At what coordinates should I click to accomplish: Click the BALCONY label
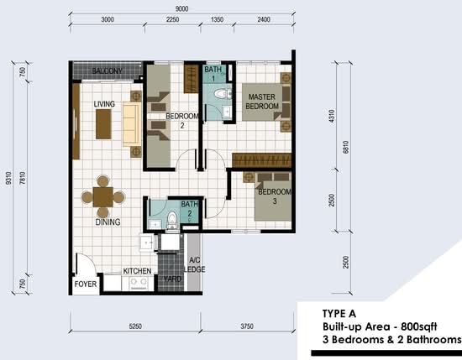107,71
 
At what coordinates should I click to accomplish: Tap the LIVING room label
104,104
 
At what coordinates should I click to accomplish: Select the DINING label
108,222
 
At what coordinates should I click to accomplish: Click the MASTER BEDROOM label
262,102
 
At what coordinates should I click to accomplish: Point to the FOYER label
86,284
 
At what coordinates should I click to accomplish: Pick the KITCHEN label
137,271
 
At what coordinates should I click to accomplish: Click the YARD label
172,279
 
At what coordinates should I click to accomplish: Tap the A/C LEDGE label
195,264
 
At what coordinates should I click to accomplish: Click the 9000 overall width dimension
181,9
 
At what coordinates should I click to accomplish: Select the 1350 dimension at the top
217,20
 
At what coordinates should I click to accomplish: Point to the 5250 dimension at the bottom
135,326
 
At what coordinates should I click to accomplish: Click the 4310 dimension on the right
332,116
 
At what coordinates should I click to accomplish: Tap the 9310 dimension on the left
8,179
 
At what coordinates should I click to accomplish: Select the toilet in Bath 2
171,219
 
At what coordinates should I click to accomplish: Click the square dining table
103,197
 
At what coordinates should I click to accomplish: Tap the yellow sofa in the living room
131,124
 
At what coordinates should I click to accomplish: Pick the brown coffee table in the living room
103,124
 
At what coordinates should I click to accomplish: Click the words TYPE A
339,314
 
